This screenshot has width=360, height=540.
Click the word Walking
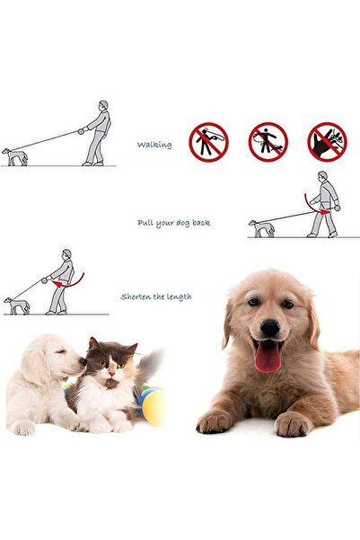pyautogui.click(x=154, y=145)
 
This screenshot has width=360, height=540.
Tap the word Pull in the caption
pyautogui.click(x=145, y=223)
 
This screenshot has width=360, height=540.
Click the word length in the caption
pyautogui.click(x=179, y=297)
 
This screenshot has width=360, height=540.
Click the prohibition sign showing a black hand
pyautogui.click(x=328, y=142)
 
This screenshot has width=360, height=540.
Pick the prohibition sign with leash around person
pyautogui.click(x=268, y=142)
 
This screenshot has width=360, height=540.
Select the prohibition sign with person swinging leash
pyautogui.click(x=208, y=142)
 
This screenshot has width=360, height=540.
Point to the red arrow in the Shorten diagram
pyautogui.click(x=71, y=282)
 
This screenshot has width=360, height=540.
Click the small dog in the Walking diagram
pyautogui.click(x=15, y=156)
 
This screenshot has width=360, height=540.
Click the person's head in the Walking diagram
pyautogui.click(x=103, y=105)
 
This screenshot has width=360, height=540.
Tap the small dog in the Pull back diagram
pyautogui.click(x=262, y=228)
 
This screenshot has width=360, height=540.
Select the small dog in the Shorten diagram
pyautogui.click(x=17, y=305)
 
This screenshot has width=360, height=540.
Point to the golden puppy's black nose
pyautogui.click(x=270, y=328)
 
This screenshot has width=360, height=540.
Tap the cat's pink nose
pyautogui.click(x=111, y=373)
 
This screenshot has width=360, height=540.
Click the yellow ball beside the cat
pyautogui.click(x=154, y=407)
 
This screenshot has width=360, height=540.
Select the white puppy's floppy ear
pyautogui.click(x=35, y=366)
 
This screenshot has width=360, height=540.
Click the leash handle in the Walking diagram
pyautogui.click(x=81, y=131)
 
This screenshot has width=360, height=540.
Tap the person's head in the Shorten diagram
pyautogui.click(x=66, y=254)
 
